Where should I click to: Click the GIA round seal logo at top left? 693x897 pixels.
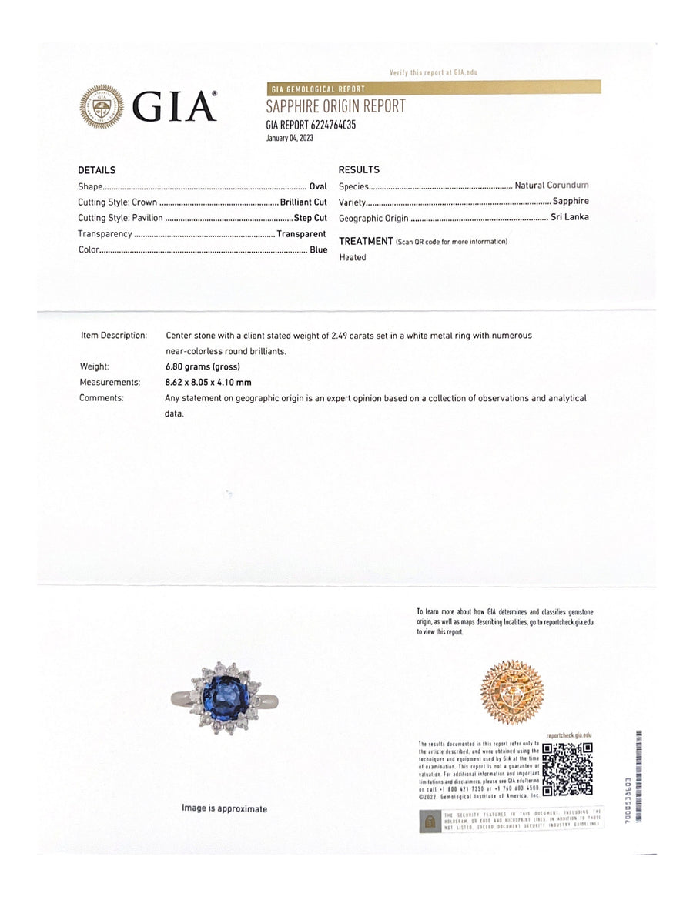[x=102, y=106]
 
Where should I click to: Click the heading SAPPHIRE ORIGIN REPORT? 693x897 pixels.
[x=335, y=107]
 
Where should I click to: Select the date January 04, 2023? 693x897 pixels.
[x=290, y=138]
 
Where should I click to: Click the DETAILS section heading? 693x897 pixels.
[x=96, y=170]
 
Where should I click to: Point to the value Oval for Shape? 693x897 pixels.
[x=318, y=186]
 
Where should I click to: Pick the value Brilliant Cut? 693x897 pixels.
[x=303, y=202]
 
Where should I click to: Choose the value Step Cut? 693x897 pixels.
[x=310, y=218]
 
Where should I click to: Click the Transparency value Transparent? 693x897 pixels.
[x=301, y=234]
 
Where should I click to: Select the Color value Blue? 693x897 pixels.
[x=318, y=250]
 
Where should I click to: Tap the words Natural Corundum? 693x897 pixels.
[x=551, y=186]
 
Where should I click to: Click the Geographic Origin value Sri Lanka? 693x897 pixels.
[x=570, y=217]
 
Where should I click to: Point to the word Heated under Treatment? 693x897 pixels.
[x=353, y=257]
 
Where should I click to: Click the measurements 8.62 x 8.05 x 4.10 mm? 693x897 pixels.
[x=208, y=382]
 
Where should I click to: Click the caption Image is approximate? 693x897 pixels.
[x=224, y=808]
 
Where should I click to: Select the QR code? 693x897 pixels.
[x=567, y=769]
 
